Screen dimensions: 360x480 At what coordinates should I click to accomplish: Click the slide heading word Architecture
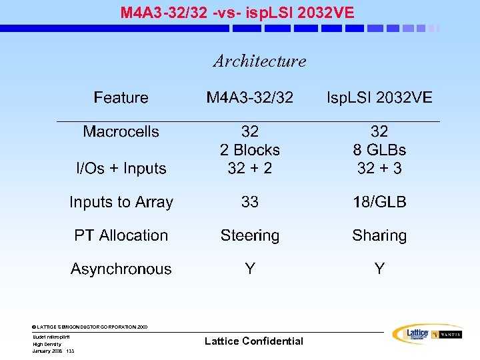[x=259, y=61]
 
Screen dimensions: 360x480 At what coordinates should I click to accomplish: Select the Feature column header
[x=121, y=98]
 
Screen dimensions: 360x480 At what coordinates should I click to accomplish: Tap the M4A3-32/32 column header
[x=249, y=98]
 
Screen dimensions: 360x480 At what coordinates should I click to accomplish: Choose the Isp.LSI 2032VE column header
[x=379, y=98]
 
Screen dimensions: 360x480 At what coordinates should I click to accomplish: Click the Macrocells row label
[x=121, y=131]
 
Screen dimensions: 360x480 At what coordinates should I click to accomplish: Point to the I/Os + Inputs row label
[x=121, y=169]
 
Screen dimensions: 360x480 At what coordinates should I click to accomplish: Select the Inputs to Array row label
[x=121, y=202]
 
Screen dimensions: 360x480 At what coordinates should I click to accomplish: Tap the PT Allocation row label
[x=121, y=235]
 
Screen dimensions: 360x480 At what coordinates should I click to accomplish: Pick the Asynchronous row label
[x=121, y=269]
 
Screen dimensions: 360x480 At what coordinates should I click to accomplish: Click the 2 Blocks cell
[x=250, y=150]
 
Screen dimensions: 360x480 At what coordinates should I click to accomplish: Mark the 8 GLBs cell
[x=379, y=150]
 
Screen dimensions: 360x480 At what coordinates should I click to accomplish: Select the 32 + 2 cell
[x=250, y=169]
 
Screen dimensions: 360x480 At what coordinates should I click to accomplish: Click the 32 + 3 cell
[x=379, y=169]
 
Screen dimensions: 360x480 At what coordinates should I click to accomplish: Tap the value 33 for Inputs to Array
[x=250, y=202]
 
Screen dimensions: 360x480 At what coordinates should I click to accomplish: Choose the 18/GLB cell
[x=379, y=202]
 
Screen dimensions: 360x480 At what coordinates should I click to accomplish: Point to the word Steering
[x=250, y=236]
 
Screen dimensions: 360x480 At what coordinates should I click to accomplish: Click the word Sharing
[x=379, y=236]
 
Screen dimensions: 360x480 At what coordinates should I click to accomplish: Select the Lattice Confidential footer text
[x=253, y=341]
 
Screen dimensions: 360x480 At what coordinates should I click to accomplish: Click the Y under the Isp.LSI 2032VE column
[x=379, y=269]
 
